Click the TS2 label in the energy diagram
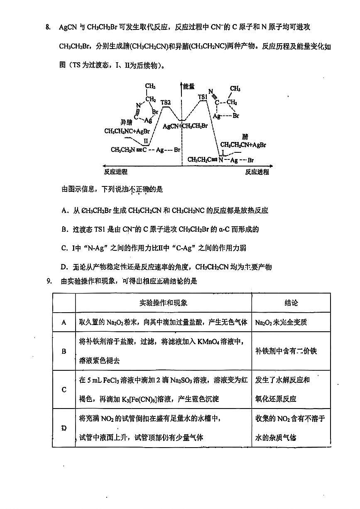166,102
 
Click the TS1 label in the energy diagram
203,97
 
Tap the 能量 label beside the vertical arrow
189,86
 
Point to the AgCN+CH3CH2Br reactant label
185,126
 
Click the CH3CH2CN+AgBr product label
243,145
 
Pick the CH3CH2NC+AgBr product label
127,131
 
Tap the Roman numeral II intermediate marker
146,141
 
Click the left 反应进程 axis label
116,172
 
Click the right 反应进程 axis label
257,172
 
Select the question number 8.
48,28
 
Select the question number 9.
48,281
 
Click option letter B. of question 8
64,229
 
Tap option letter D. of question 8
64,267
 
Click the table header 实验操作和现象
163,303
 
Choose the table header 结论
291,303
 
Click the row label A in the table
64,322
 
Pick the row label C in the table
64,389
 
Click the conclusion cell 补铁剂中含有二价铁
286,351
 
